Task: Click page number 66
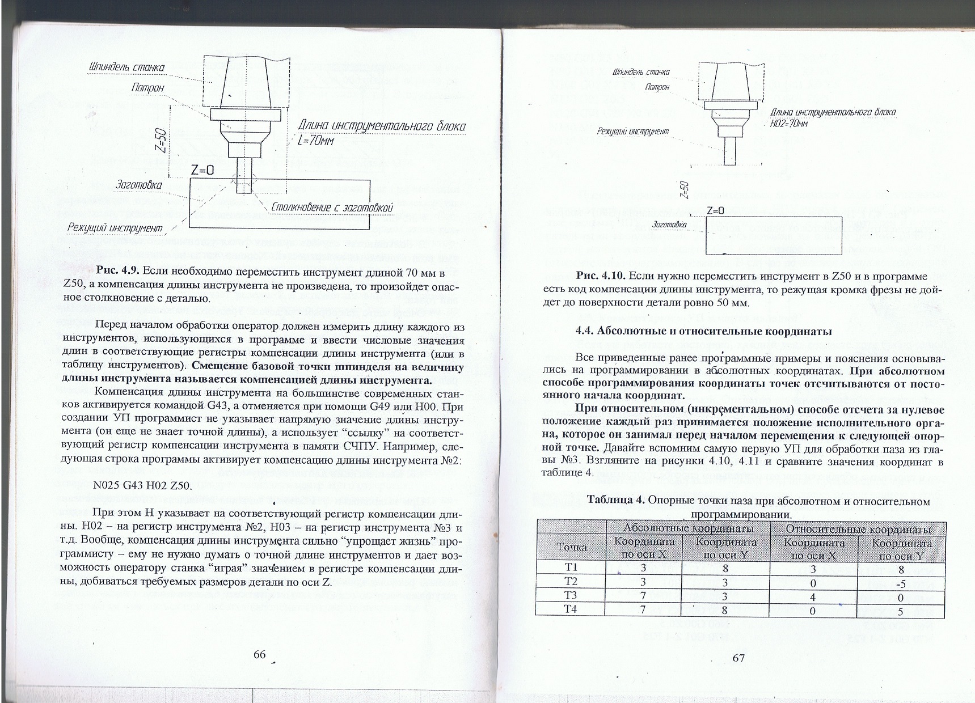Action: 260,654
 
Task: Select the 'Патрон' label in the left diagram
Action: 147,88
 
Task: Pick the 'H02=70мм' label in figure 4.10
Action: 788,124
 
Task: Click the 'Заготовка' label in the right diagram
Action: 669,225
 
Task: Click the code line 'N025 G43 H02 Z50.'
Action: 141,486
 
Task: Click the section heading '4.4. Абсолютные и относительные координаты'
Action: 703,332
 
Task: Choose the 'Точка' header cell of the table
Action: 572,547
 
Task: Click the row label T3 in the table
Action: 571,595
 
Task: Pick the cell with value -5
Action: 901,583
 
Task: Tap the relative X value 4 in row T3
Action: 813,597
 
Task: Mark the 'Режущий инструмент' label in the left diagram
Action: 115,228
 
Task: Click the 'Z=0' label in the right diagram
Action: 716,210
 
